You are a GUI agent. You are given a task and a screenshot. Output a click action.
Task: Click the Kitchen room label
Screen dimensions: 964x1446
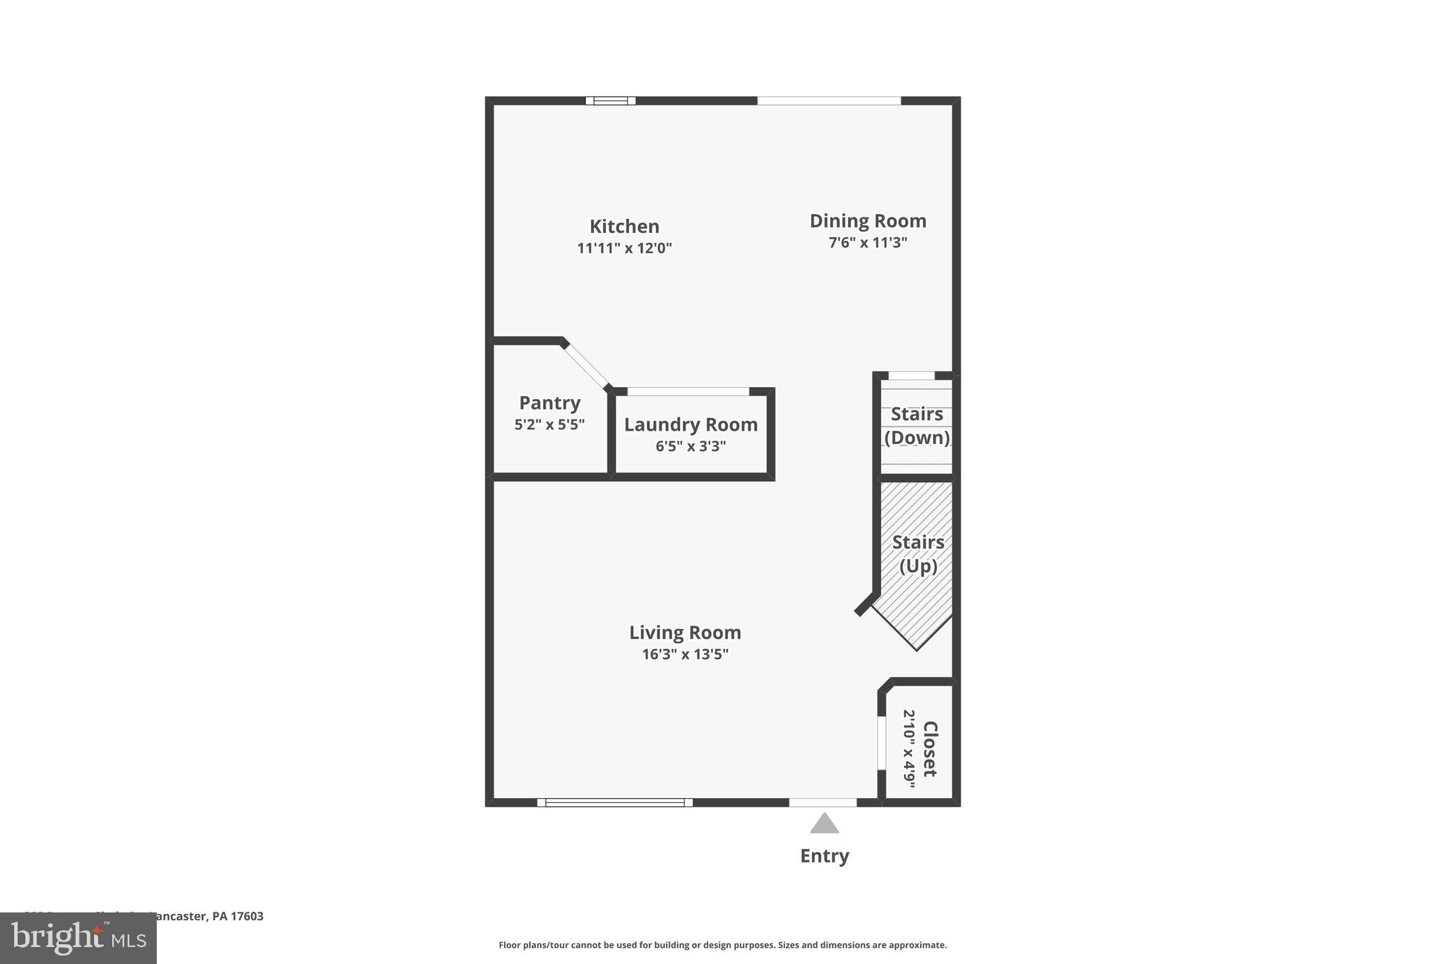tap(624, 226)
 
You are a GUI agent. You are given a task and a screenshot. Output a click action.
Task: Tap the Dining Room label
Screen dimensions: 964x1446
tap(868, 221)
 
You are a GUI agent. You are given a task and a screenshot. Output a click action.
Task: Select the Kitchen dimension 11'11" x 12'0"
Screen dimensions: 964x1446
tap(624, 248)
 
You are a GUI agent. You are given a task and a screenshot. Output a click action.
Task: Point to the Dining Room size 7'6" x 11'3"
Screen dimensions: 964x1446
tap(868, 243)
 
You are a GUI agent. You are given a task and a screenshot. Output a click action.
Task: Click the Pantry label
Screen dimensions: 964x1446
tap(549, 403)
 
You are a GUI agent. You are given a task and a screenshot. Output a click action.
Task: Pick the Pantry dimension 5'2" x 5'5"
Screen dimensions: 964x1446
tap(549, 424)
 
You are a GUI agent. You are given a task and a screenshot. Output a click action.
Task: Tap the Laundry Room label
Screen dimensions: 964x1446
tap(691, 424)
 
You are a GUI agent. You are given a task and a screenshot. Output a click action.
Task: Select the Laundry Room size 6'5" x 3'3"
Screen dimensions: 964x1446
tap(691, 446)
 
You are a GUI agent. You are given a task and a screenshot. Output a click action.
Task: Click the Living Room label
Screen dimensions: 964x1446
tap(685, 632)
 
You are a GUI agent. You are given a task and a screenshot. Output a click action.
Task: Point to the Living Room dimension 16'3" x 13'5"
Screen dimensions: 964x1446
tap(685, 654)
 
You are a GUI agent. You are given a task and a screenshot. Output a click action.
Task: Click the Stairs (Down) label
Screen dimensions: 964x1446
tap(916, 425)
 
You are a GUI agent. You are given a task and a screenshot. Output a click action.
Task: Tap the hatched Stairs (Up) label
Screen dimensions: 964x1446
tap(918, 554)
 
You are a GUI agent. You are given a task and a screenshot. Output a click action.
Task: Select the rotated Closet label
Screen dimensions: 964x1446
tap(930, 749)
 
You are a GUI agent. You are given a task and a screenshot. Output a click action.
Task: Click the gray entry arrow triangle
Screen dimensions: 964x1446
tap(824, 824)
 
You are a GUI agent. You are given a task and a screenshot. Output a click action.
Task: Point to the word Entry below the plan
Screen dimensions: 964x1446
tap(824, 856)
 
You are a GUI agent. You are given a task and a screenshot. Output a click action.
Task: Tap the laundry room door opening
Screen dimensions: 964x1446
tap(688, 391)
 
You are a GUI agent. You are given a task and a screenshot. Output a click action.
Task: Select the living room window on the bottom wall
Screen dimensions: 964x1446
tap(614, 802)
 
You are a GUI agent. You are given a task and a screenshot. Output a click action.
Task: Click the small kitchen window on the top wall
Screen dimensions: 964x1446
tap(610, 101)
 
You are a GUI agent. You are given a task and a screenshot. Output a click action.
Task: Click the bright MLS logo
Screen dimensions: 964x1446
tap(78, 938)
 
